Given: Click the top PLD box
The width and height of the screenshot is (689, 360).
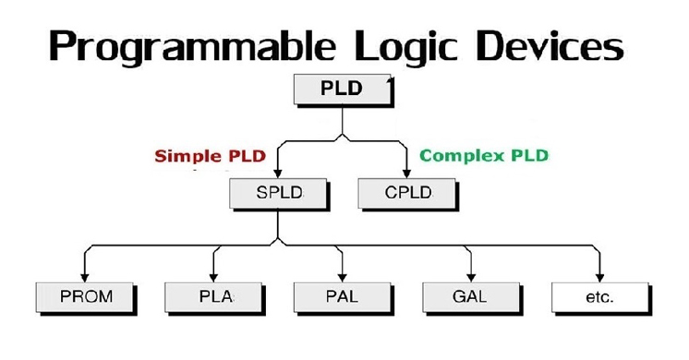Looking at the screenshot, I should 341,90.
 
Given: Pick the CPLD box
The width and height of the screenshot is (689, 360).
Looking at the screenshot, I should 407,194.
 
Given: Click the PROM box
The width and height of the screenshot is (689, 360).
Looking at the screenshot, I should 85,298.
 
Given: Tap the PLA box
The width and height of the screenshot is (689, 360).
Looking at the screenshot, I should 213,298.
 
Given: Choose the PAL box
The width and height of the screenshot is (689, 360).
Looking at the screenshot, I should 342,298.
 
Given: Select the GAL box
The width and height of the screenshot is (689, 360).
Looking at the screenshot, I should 469,298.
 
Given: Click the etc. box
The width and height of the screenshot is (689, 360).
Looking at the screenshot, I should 598,298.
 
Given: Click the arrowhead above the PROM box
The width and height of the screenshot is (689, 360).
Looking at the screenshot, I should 85,276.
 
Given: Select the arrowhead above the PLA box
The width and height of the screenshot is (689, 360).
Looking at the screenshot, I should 213,276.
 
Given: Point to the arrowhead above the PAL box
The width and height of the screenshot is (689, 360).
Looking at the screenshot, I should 342,276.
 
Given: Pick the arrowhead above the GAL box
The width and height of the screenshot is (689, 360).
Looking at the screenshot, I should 470,276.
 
